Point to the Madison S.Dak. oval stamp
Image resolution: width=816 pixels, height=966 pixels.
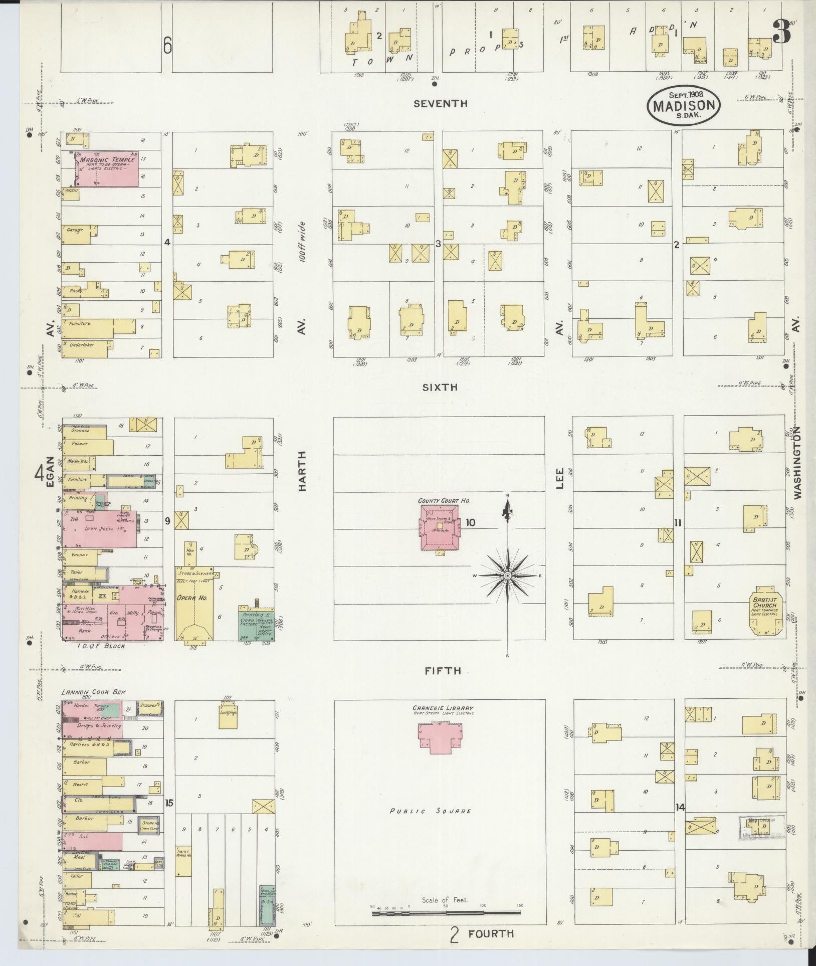click(683, 106)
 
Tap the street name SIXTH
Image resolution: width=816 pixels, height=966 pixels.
click(440, 387)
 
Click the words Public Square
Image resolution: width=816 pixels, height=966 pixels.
click(431, 811)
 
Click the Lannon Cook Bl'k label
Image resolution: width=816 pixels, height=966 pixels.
click(94, 692)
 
